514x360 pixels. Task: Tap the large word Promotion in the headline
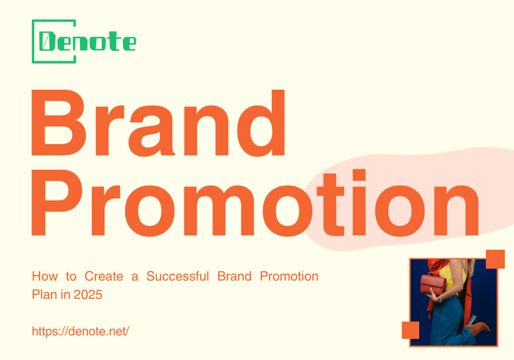[254, 203]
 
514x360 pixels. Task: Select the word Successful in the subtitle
[179, 277]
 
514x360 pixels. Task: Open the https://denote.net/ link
[81, 331]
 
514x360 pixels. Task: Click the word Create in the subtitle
[103, 277]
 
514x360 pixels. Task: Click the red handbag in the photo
[433, 284]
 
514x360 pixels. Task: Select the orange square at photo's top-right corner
[495, 259]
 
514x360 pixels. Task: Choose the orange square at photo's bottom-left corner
[411, 330]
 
